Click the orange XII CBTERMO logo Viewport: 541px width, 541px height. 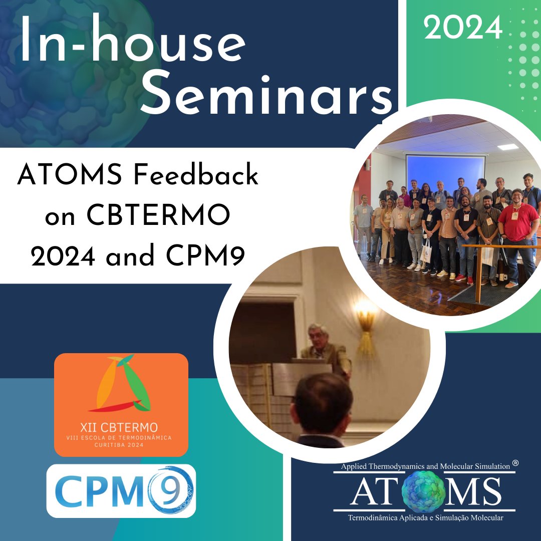pos(121,404)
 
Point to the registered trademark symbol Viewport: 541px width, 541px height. pos(515,464)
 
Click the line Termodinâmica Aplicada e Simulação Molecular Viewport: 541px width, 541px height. pos(425,518)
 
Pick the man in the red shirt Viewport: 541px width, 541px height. pos(518,225)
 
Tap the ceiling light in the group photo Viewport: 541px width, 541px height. pos(508,147)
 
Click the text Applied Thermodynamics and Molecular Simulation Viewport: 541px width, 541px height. pos(425,466)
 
